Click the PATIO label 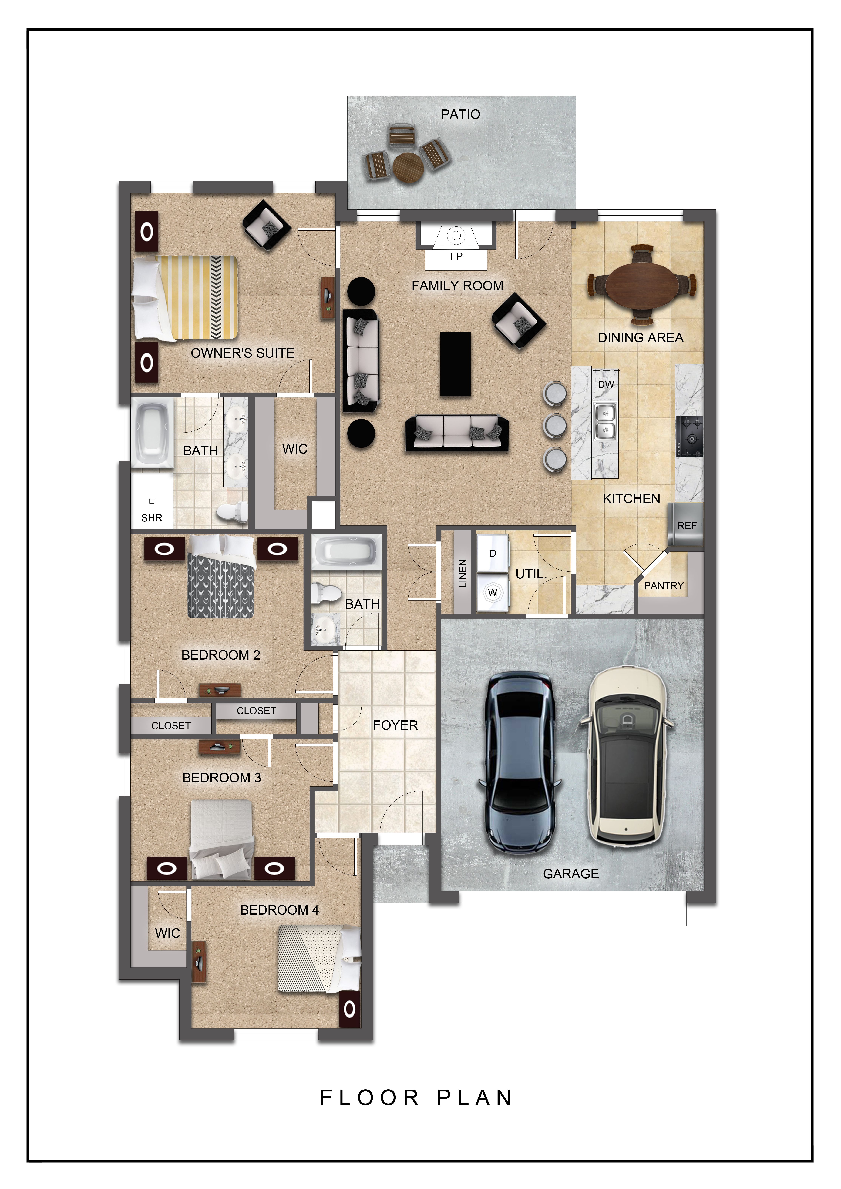pyautogui.click(x=460, y=114)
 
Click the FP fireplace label pyautogui.click(x=456, y=256)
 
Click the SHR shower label pyautogui.click(x=152, y=518)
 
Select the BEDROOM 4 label pyautogui.click(x=280, y=910)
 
